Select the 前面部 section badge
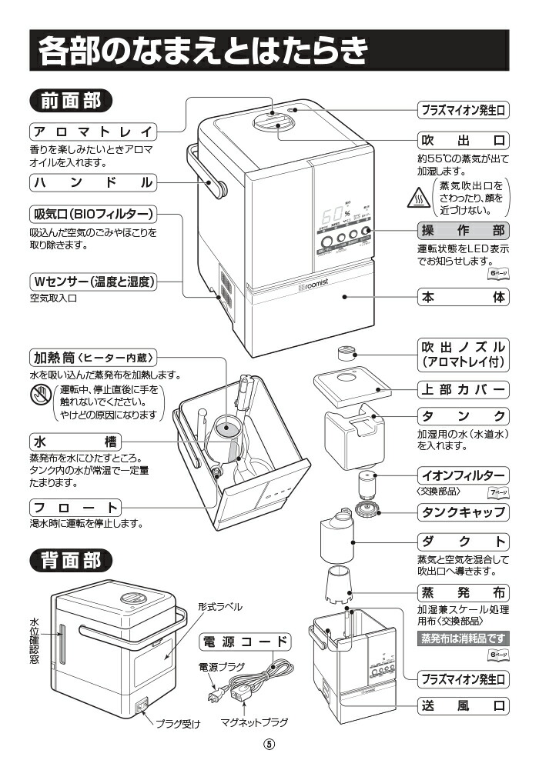pyautogui.click(x=70, y=101)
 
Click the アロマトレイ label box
pyautogui.click(x=92, y=130)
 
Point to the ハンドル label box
pyautogui.click(x=92, y=183)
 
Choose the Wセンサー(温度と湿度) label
pyautogui.click(x=93, y=282)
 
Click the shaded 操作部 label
pyautogui.click(x=463, y=230)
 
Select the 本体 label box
pyautogui.click(x=463, y=297)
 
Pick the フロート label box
pyautogui.click(x=75, y=508)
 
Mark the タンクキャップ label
pyautogui.click(x=463, y=512)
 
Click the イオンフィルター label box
pyautogui.click(x=463, y=474)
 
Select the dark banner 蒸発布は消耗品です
pyautogui.click(x=462, y=638)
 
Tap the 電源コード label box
pyautogui.click(x=245, y=642)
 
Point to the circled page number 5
pyautogui.click(x=269, y=745)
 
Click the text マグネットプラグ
pyautogui.click(x=254, y=722)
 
